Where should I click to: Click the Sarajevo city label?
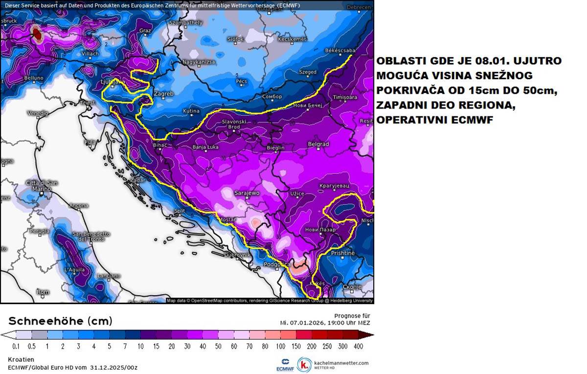247,193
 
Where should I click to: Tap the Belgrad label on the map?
318,144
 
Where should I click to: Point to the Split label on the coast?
180,211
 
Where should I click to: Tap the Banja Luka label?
206,147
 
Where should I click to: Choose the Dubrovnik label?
238,255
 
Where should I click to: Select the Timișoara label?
346,97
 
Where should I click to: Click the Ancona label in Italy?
79,206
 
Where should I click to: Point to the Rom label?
43,292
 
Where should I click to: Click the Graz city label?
145,30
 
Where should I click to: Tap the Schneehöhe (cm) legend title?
60,321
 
